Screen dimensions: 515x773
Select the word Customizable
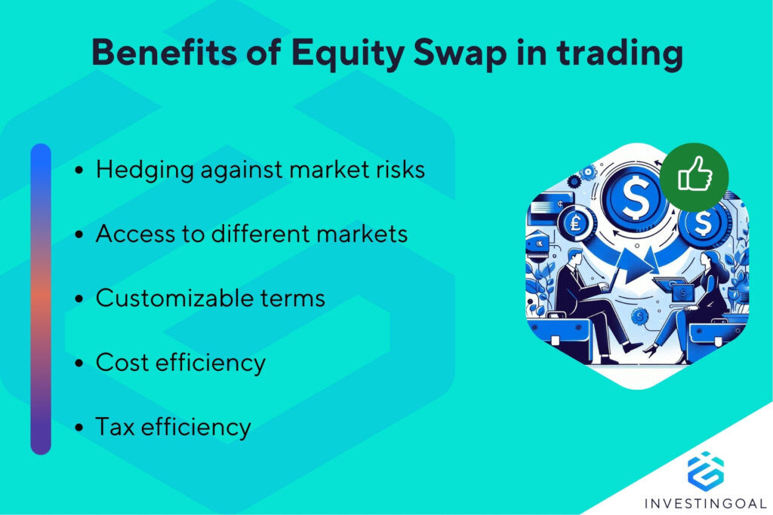[x=177, y=299]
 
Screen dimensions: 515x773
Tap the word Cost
[x=122, y=363]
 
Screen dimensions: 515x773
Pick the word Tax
[x=114, y=428]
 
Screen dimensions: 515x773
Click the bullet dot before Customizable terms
[x=80, y=300]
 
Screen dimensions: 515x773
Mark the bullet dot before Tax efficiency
[x=80, y=429]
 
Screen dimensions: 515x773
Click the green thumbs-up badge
[x=693, y=177]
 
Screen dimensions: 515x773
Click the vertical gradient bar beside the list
[x=41, y=299]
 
